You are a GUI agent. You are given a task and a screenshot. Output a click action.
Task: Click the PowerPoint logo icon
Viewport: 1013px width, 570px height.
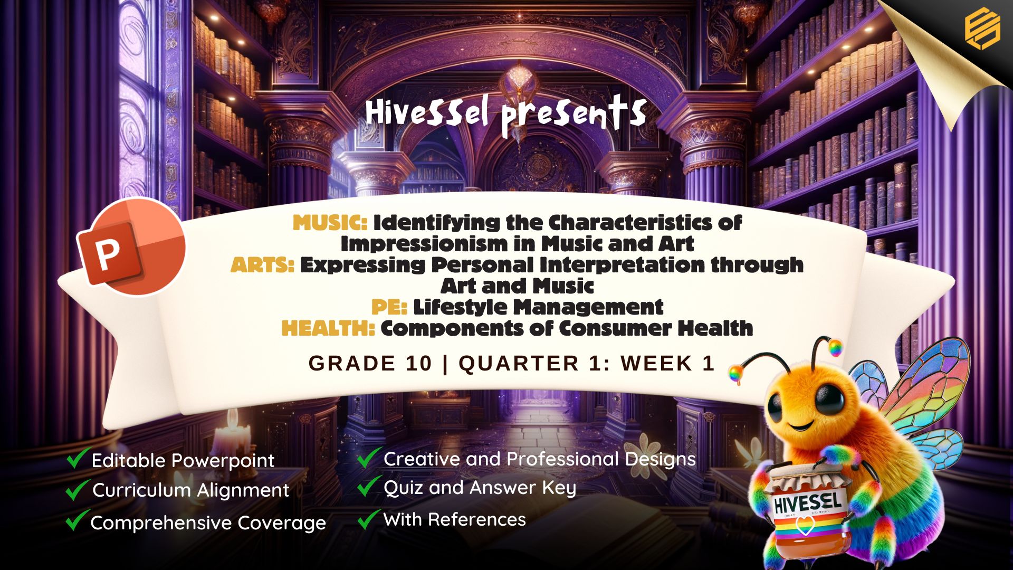(131, 246)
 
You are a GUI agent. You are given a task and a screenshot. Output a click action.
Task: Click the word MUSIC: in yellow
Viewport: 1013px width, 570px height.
(330, 223)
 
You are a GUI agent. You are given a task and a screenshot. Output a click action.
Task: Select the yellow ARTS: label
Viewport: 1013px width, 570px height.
(262, 265)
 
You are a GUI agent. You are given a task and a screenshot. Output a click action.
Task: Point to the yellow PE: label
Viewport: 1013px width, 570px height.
(389, 307)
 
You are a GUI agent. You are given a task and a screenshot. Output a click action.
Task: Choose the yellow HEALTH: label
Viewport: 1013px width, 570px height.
(328, 328)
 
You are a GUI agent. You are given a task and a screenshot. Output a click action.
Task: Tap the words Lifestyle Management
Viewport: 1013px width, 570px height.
(538, 307)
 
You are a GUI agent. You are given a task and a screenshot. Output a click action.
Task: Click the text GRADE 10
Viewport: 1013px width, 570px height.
(370, 364)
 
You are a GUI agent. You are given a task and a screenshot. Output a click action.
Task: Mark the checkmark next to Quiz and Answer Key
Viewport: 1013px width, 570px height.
(369, 486)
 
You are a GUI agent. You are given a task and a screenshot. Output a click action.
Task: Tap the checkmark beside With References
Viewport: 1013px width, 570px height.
(369, 519)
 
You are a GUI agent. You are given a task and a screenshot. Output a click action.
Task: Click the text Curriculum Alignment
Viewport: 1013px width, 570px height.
(191, 490)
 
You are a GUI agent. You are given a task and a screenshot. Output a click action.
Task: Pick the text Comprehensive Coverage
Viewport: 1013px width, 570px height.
(208, 523)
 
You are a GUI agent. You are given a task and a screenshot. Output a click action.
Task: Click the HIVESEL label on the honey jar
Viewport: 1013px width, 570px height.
(807, 502)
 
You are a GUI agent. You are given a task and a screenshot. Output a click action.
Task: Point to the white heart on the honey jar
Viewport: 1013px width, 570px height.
(804, 525)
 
